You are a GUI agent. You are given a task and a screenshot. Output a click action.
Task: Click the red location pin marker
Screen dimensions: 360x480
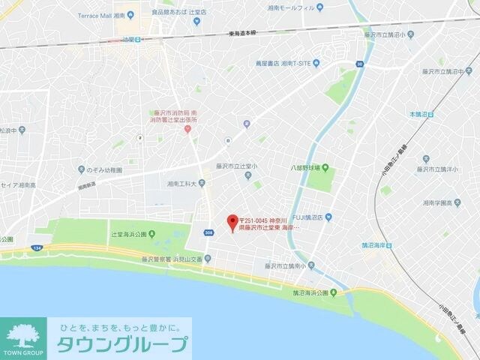coord(232,221)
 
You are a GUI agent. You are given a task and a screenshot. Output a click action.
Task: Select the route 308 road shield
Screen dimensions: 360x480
coord(207,234)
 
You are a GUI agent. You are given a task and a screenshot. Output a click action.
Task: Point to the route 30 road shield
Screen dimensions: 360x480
coord(361,64)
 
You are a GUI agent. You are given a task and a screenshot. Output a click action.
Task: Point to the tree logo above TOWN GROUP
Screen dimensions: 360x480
coord(22,333)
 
